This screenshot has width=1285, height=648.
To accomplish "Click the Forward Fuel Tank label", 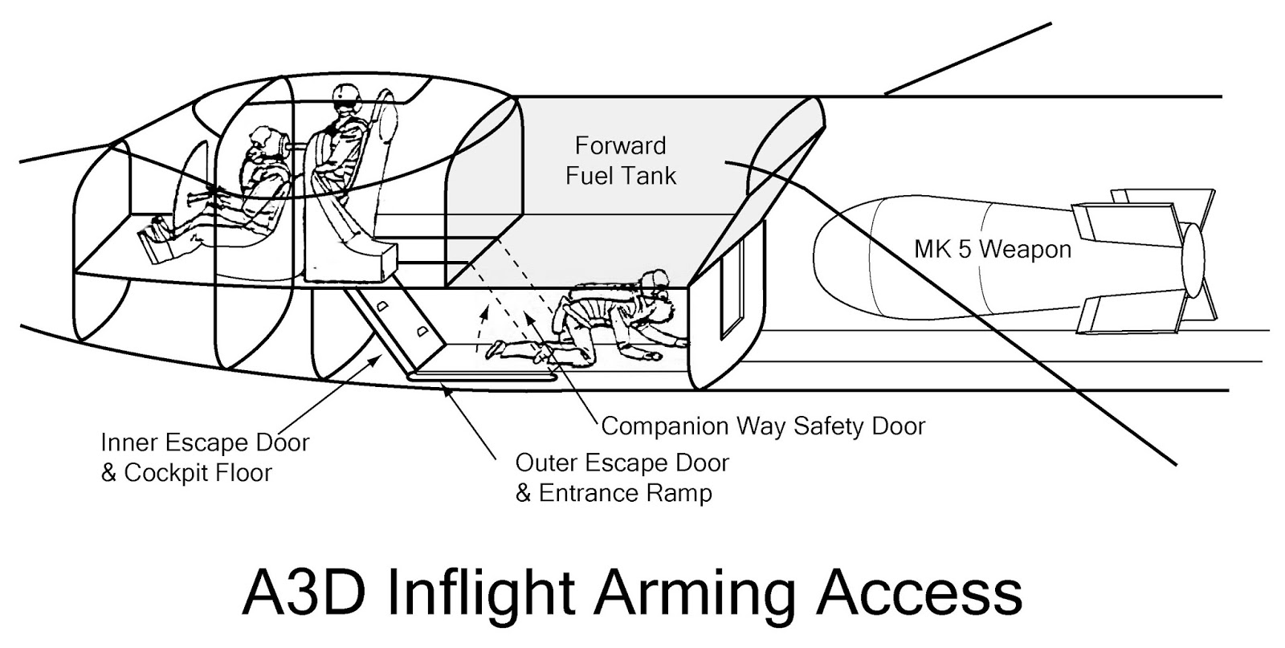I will (x=620, y=161).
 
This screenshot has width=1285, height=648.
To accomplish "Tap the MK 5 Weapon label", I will (x=993, y=250).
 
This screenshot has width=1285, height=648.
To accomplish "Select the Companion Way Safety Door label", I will (x=763, y=426).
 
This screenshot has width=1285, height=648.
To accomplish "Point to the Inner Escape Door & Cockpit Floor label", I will (x=205, y=457).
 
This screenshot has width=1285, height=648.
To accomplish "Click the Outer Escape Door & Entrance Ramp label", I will (x=622, y=478).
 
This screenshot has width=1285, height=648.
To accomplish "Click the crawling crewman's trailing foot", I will (x=495, y=349).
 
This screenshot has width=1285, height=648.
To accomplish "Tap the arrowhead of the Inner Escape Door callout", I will (x=376, y=361).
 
